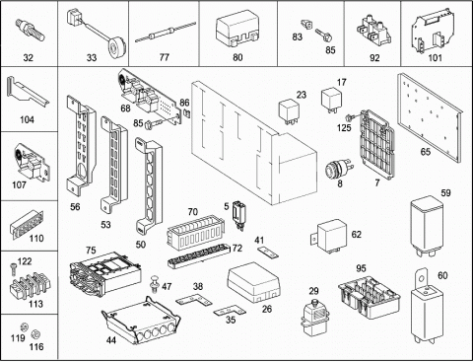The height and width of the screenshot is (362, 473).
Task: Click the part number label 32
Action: (29, 58)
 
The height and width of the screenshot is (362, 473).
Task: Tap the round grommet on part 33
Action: (115, 44)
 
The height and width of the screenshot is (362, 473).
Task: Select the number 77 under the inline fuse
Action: (164, 57)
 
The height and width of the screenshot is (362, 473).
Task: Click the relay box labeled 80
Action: (237, 29)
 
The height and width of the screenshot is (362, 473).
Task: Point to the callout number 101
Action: (435, 58)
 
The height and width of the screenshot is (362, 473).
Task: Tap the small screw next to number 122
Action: (13, 268)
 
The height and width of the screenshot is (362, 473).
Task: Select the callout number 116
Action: (36, 346)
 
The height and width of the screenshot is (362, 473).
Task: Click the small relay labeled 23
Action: (290, 111)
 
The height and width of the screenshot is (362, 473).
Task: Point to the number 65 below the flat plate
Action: (426, 152)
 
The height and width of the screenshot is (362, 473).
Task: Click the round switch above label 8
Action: (338, 169)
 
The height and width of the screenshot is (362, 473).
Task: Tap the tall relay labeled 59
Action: (427, 226)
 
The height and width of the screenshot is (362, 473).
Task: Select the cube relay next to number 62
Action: (329, 236)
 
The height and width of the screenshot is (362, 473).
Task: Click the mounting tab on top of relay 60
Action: (421, 279)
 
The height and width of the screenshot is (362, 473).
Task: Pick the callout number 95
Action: (361, 268)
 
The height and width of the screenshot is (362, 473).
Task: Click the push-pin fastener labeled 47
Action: (154, 283)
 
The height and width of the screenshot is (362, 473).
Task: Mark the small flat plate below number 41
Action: (268, 252)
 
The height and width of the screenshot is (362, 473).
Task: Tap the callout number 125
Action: (344, 127)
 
